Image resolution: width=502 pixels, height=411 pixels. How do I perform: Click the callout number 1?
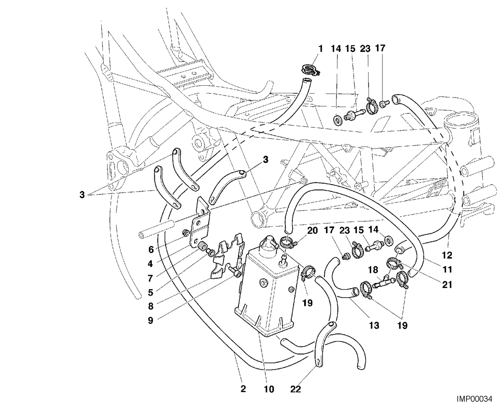(320, 49)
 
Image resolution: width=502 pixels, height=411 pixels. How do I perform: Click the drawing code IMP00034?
(474, 398)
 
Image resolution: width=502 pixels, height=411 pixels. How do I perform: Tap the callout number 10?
(269, 389)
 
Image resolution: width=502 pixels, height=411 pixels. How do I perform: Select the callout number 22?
(296, 389)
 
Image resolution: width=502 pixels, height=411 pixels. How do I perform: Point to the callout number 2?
(243, 389)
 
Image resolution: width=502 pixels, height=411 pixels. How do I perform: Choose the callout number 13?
(374, 325)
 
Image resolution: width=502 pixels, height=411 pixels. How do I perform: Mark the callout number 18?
(373, 270)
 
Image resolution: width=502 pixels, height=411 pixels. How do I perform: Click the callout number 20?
(312, 231)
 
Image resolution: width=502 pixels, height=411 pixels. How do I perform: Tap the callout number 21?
(447, 285)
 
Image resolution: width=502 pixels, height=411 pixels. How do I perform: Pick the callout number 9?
(151, 320)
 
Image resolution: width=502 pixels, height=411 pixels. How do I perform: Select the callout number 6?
(151, 249)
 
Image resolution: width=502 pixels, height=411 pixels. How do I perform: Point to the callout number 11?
(447, 270)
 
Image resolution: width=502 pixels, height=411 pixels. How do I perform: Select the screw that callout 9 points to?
(235, 272)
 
